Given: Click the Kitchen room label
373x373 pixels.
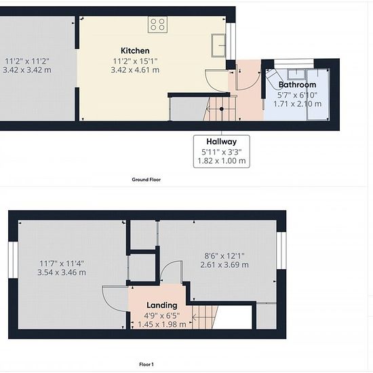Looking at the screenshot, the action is coord(135,51).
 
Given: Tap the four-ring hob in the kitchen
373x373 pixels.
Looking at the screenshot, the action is coord(157,24).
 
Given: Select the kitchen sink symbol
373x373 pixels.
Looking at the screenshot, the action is coord(218,45).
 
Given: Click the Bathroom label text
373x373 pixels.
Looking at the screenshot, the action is coord(297,85).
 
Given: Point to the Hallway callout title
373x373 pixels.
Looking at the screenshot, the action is coord(222,142).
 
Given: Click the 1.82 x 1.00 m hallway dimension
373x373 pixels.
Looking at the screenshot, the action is coord(222,161).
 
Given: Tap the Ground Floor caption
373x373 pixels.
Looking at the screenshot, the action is coord(146,180).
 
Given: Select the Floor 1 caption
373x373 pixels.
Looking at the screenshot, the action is coord(146,364).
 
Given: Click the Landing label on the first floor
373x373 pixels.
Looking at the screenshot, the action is coord(162,305).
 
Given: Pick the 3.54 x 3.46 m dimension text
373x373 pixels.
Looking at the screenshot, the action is coord(62,273).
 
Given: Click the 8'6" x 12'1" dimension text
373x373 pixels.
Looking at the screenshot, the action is coord(224,256).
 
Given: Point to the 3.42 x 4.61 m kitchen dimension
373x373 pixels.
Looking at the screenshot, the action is coord(135,70).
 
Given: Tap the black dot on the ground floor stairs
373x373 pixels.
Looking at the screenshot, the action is coord(222,109).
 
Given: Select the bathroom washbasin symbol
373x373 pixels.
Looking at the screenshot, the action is coord(296,74).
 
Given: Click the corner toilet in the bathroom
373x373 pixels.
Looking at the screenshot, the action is coord(273,76).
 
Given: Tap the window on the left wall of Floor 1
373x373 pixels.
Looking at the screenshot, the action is coord(13,260).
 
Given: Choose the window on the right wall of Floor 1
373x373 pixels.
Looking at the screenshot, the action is coord(281,250).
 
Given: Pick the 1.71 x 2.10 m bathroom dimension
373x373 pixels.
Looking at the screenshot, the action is coord(297,104).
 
